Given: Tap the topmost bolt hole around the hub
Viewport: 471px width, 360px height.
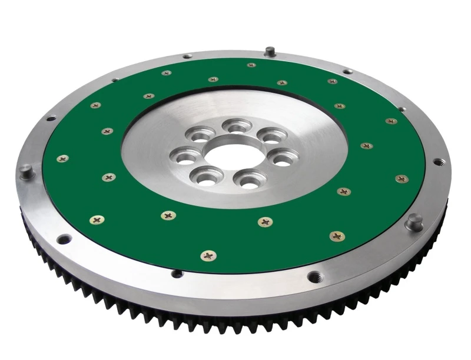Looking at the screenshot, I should click(237, 126).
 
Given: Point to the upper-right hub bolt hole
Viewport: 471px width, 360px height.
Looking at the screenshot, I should click(272, 136).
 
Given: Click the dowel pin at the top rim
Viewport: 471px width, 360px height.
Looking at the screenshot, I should click(270, 51).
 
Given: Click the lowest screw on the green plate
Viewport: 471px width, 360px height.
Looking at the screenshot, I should click(208, 255).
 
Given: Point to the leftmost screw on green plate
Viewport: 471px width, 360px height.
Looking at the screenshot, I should click(62, 158).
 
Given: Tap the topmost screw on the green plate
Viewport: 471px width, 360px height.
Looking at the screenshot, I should click(251, 65).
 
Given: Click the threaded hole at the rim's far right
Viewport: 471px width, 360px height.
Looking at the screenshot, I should click(438, 161).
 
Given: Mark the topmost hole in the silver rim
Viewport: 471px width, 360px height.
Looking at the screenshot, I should click(187, 56).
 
